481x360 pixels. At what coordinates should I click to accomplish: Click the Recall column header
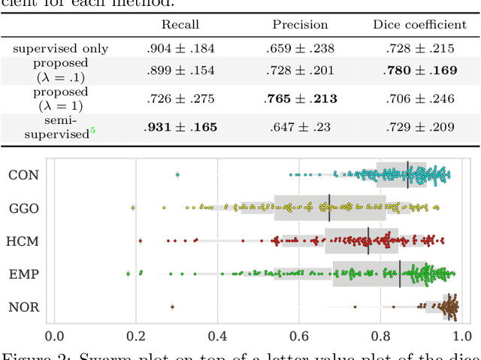coord(180,24)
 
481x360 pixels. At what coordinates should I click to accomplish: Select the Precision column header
coord(301,24)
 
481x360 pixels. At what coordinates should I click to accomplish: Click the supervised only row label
coord(60,49)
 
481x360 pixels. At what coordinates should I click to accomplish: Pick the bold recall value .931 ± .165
coord(180,128)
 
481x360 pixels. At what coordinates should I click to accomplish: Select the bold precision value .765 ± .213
coord(301,98)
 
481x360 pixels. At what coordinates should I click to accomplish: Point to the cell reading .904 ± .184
coord(180,49)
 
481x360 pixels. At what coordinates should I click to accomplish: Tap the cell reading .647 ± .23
coord(301,128)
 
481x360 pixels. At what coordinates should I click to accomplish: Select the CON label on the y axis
coord(24,175)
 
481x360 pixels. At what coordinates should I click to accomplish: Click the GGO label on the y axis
coord(24,207)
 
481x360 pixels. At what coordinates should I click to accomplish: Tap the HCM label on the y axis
coord(24,241)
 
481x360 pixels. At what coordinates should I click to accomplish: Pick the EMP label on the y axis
coord(24,274)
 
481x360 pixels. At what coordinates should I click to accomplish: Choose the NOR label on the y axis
coord(24,307)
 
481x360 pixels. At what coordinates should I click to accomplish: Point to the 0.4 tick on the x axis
coord(217,335)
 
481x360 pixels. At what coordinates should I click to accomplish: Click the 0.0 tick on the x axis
coord(54,335)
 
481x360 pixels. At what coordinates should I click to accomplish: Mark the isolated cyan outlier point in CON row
coord(177,174)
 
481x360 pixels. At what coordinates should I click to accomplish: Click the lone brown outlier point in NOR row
coord(172,307)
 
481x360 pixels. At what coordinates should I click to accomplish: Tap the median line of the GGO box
coord(329,207)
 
